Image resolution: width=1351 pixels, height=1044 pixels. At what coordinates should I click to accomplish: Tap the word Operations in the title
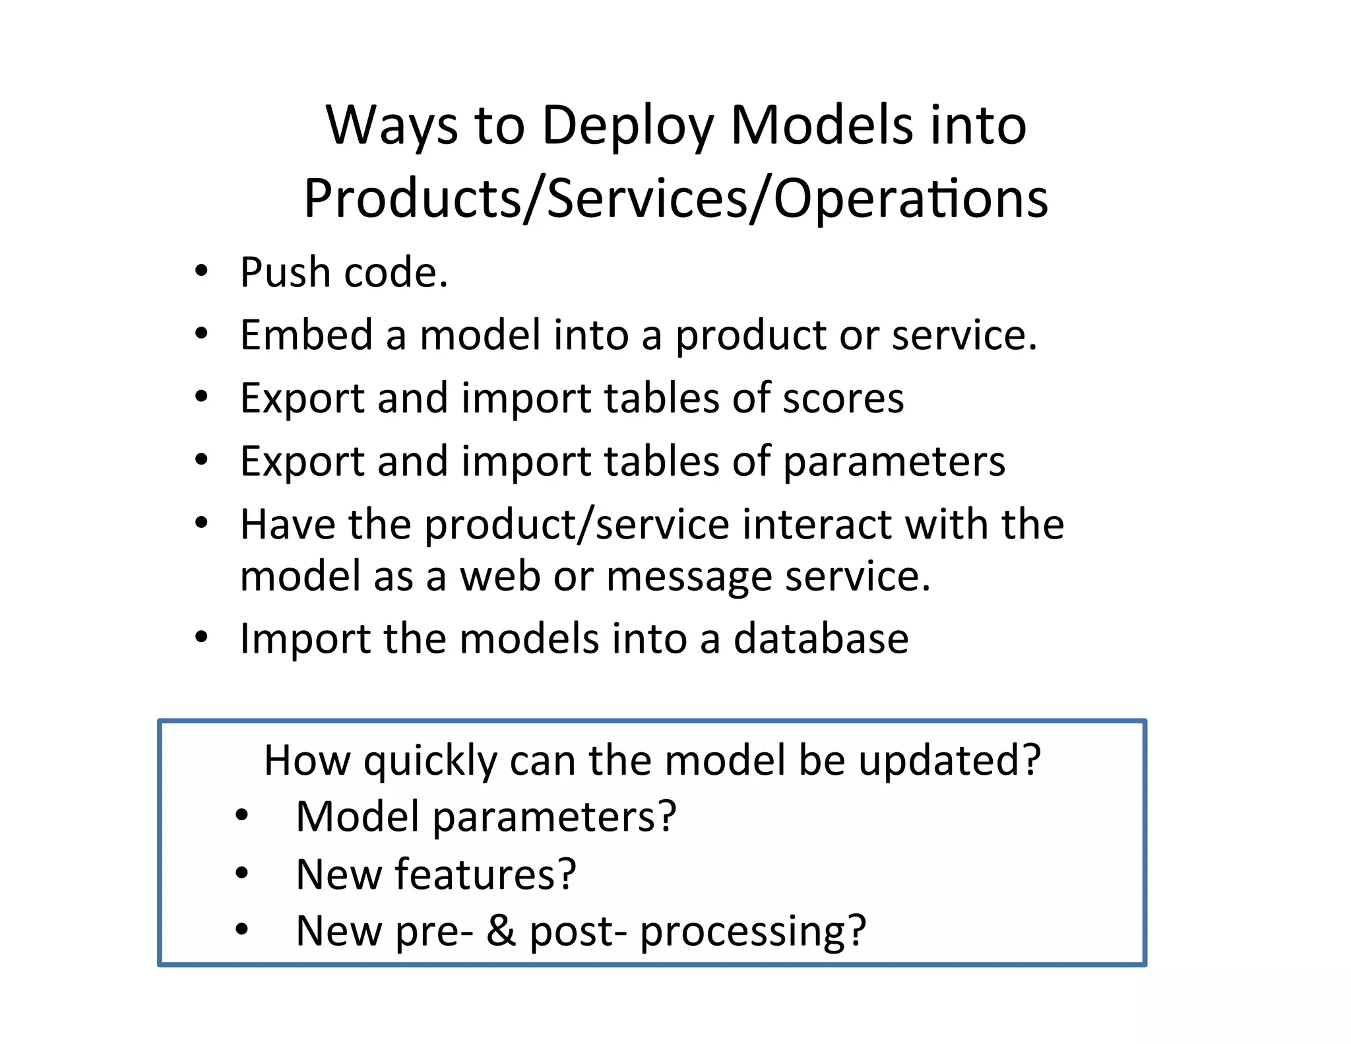tap(910, 199)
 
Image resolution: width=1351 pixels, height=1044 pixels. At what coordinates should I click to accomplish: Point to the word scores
tap(842, 398)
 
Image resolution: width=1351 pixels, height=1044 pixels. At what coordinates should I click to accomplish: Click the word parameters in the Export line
tap(894, 461)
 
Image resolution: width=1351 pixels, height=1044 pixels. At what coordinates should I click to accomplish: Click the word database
tap(821, 639)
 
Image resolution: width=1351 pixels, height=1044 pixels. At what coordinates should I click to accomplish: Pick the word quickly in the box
tap(430, 761)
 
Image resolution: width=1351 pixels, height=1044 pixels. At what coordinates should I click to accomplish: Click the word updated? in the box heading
tap(949, 761)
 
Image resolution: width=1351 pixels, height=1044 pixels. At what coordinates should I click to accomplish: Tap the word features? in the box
tap(486, 874)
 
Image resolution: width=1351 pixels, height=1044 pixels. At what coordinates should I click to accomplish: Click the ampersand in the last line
tap(501, 931)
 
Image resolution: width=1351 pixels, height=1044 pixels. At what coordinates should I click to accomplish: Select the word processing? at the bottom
tap(753, 931)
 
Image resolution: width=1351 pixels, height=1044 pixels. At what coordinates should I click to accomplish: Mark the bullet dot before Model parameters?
tap(242, 816)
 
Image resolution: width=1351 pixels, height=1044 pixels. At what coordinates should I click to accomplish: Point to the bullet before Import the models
tap(202, 637)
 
